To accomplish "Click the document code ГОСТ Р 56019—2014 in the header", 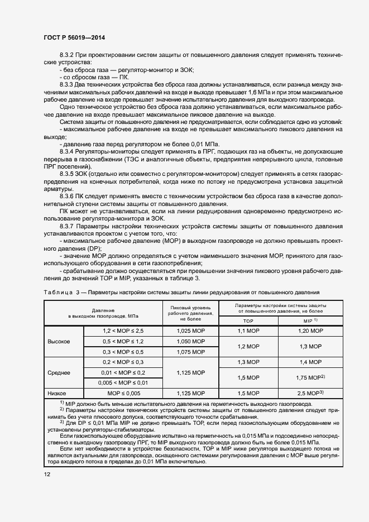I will click(x=74, y=37).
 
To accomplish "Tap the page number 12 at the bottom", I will click(x=47, y=474).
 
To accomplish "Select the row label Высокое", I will click(x=59, y=341).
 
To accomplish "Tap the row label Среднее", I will click(x=59, y=372).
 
